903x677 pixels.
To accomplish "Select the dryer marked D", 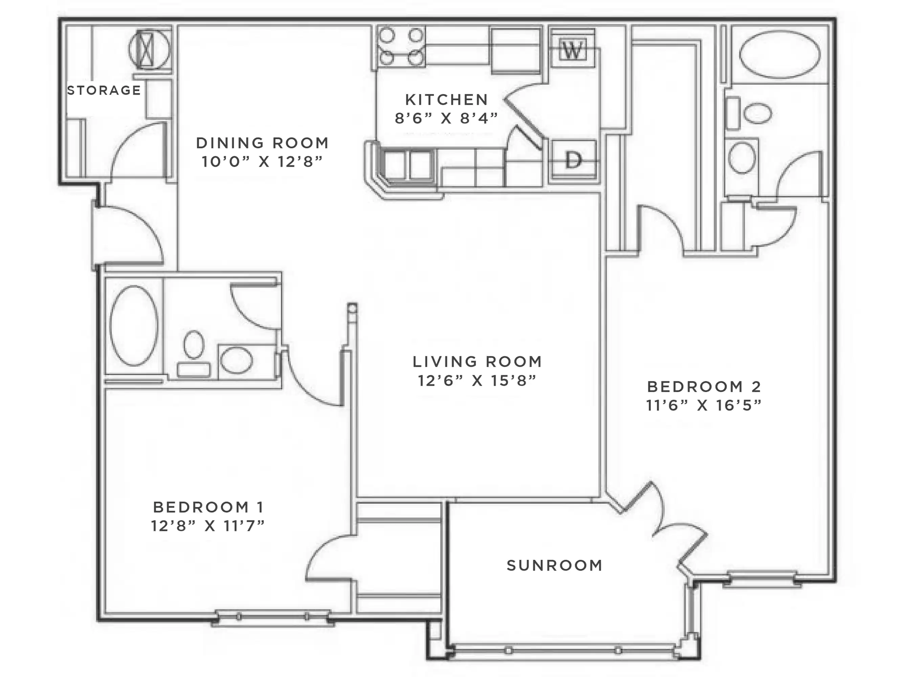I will [573, 160].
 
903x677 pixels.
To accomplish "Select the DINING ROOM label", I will [263, 143].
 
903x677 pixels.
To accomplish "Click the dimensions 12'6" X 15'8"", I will [477, 380].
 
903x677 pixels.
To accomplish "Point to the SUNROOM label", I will [554, 566].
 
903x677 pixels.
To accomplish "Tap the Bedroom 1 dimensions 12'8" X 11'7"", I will [208, 526].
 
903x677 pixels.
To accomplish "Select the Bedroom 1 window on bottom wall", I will [272, 617].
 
